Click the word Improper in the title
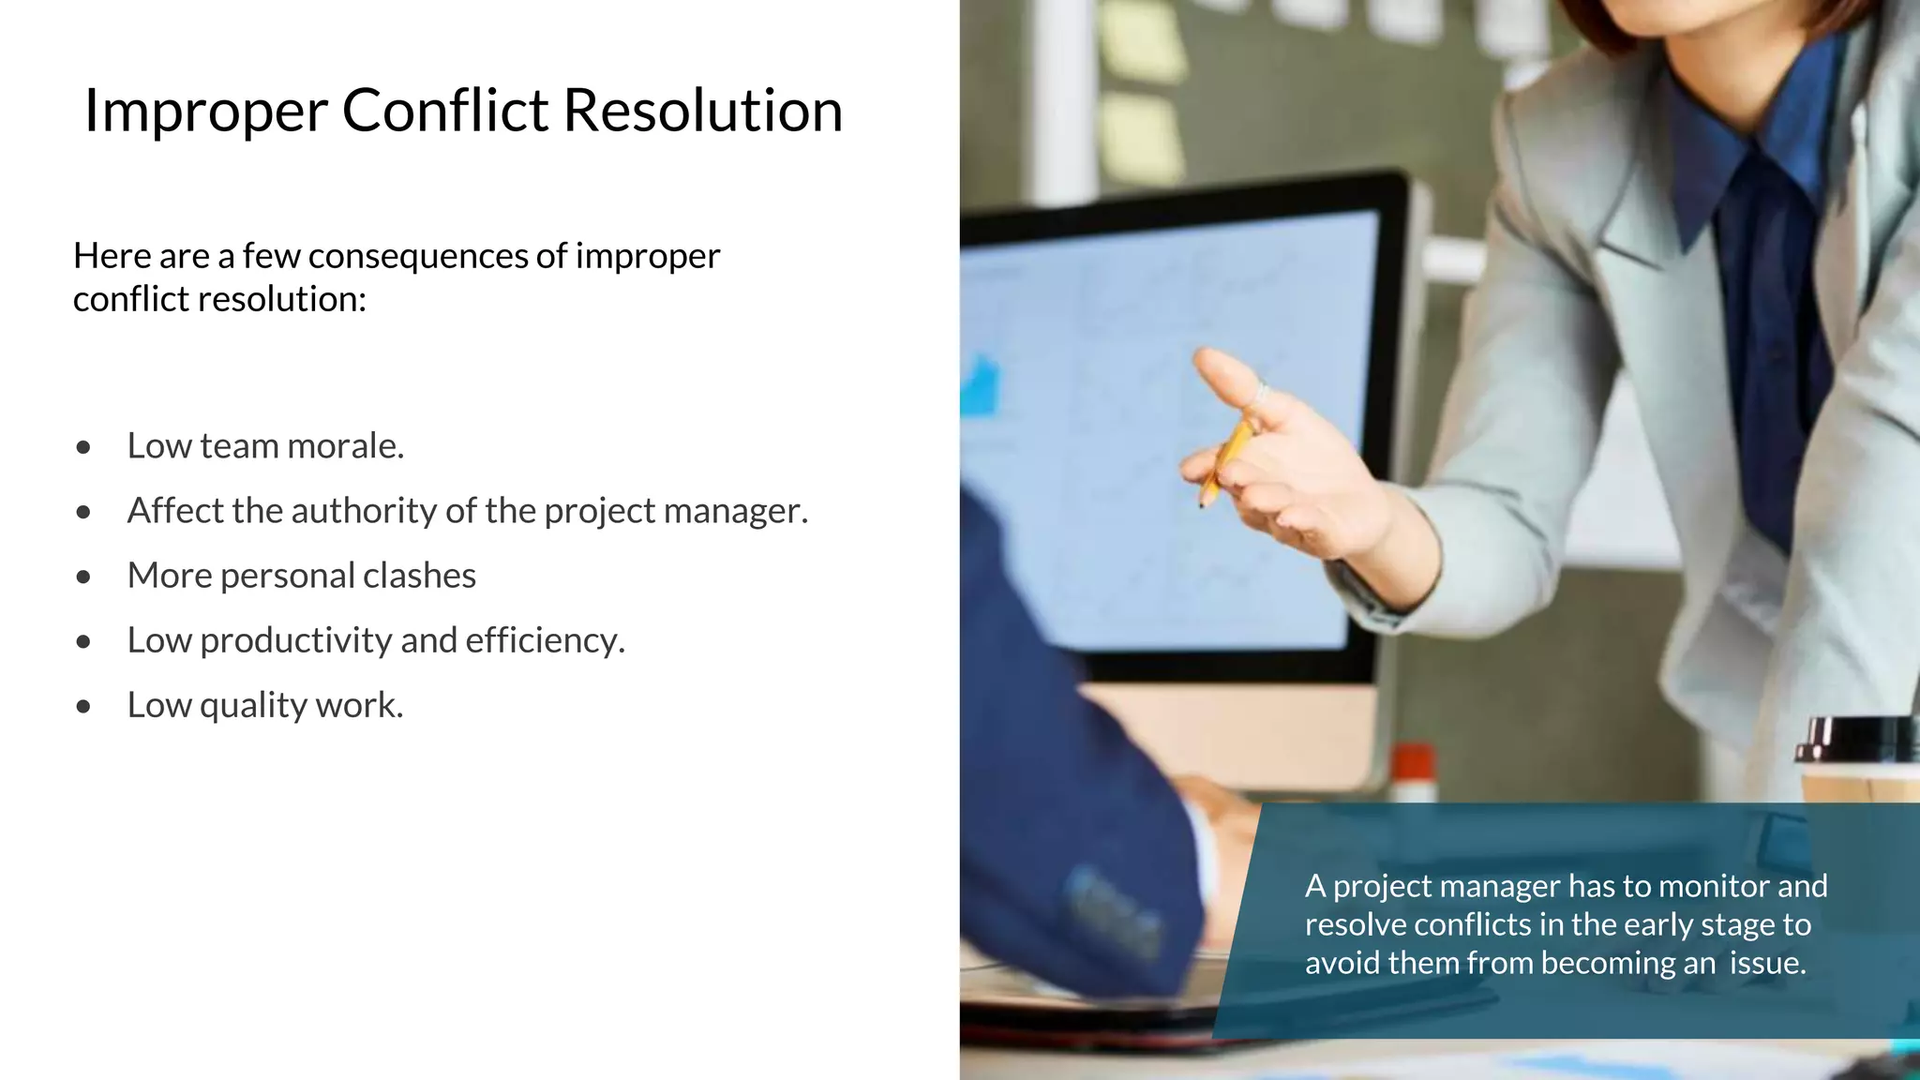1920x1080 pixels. (205, 112)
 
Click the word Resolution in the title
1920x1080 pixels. (702, 111)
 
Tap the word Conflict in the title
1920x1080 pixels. (445, 111)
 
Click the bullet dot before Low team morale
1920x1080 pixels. (84, 447)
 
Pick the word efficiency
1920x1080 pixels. (544, 640)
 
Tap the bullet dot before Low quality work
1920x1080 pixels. (84, 707)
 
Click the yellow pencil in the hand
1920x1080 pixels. (1226, 459)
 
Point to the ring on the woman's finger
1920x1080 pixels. (1261, 395)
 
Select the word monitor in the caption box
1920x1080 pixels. (1704, 886)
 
